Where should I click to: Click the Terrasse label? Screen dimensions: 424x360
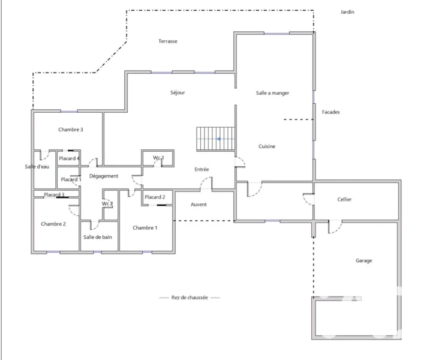tap(168, 41)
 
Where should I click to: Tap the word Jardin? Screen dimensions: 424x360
tap(347, 12)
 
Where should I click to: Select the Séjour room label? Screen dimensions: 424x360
tap(178, 92)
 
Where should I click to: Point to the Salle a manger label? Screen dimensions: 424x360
tap(272, 93)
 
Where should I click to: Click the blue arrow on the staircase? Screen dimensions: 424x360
tap(218, 139)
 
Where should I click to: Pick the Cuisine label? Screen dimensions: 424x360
tap(267, 146)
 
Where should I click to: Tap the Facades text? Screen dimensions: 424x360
tap(330, 112)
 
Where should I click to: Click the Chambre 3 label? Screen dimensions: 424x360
tap(71, 130)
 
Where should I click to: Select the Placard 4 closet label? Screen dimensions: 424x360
tap(69, 158)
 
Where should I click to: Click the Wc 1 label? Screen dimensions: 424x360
tap(158, 157)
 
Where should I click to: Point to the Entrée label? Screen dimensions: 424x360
tap(202, 169)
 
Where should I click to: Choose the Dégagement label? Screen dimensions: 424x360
tap(104, 176)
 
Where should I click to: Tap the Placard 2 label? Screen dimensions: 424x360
tap(155, 197)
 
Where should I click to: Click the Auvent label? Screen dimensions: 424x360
tap(199, 205)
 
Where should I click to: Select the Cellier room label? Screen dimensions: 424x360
tap(344, 200)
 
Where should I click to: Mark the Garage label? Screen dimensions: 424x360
tap(364, 261)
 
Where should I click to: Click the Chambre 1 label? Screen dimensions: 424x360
tap(145, 228)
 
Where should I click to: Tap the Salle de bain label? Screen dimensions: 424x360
tap(98, 237)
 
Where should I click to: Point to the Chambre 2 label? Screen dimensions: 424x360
tap(53, 224)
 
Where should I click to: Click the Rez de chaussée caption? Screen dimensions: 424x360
tap(190, 298)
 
